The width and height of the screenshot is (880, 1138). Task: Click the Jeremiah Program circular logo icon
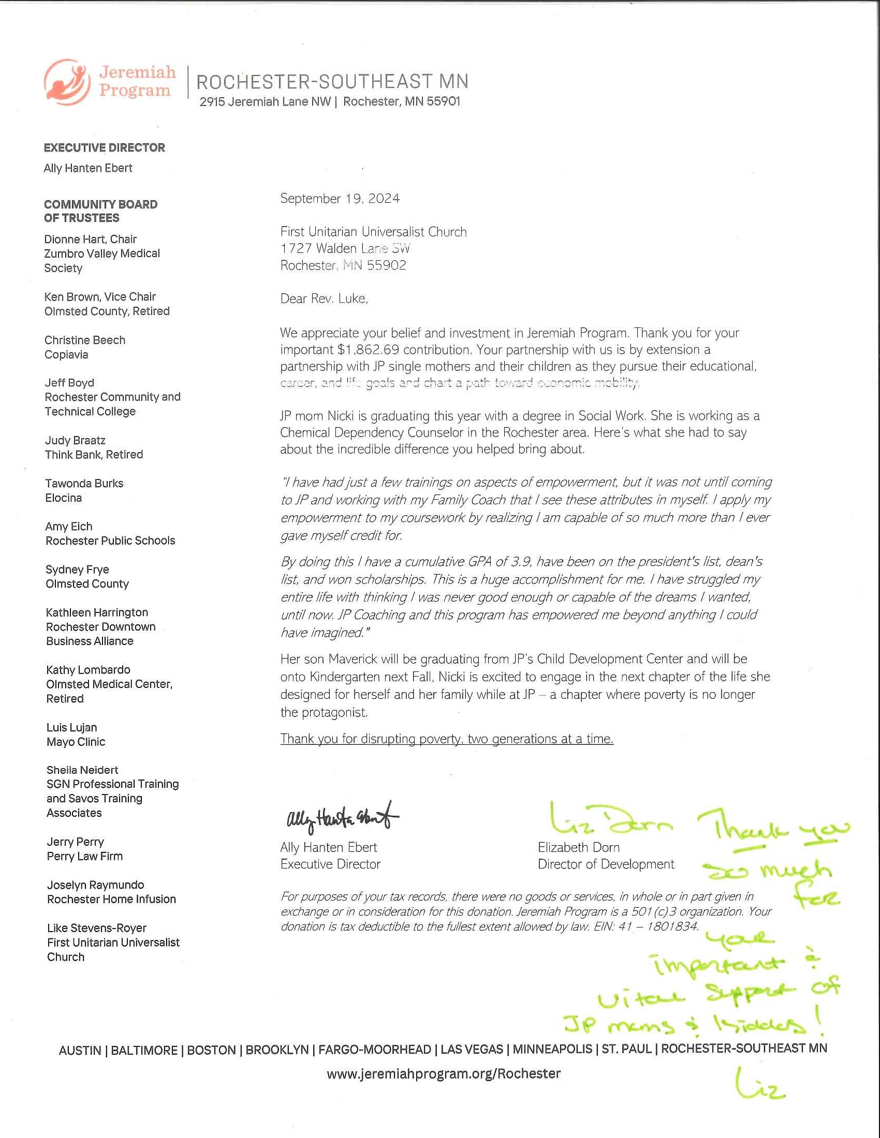point(67,82)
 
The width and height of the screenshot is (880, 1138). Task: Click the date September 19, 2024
point(340,199)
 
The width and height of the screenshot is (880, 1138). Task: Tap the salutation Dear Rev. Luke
point(324,298)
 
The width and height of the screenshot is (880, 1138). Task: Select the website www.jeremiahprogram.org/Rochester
point(444,1074)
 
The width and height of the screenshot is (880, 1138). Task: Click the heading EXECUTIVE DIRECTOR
point(104,148)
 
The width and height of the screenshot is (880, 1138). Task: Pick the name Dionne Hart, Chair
point(90,239)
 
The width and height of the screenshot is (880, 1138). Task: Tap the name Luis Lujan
point(71,727)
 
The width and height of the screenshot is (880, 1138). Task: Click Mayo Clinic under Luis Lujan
point(76,742)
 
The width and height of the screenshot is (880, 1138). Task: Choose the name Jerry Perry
point(76,842)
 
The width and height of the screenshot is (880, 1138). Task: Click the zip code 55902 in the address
point(386,266)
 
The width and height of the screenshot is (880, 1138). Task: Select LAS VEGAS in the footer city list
point(471,1050)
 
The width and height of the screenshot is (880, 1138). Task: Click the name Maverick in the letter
point(353,659)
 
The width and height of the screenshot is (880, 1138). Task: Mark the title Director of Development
point(606,864)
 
